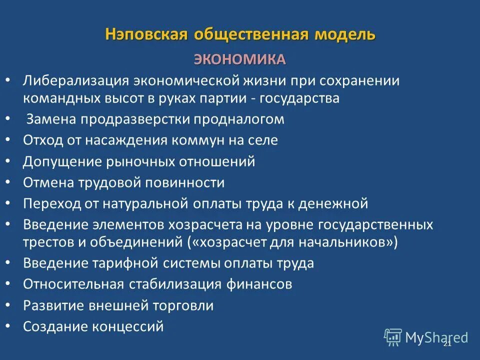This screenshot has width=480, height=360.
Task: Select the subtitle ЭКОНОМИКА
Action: pos(240,59)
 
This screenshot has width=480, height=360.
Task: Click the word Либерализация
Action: pos(74,81)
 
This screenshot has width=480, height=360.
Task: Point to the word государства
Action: pos(296,98)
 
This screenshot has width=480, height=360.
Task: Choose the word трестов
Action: pos(47,242)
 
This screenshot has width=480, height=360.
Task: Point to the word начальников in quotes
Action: pos(349,242)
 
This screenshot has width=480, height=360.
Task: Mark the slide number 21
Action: pos(447,343)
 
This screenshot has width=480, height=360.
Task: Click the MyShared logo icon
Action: pos(393,337)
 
